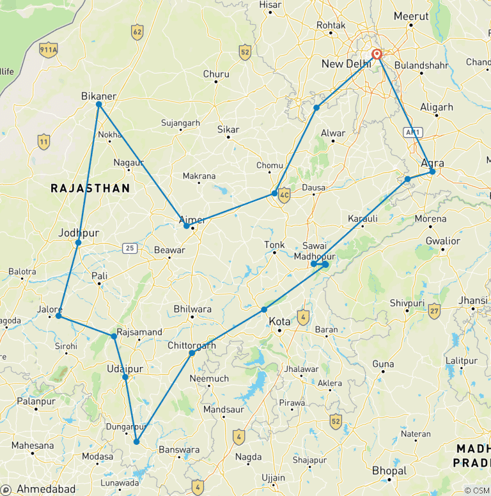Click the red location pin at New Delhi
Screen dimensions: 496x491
coord(377,54)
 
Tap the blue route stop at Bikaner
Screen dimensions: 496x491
coord(99,104)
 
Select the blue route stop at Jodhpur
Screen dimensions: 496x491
coord(78,243)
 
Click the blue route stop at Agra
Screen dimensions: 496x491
coord(432,171)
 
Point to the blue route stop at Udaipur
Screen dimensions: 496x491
coord(125,377)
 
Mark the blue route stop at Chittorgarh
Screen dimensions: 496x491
coord(192,353)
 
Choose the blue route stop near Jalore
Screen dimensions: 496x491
coord(58,316)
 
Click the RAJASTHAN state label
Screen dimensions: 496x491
coord(90,189)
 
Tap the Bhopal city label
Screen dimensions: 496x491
coord(389,471)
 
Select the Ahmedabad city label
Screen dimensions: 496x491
coord(46,489)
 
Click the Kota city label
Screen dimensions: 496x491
coord(279,322)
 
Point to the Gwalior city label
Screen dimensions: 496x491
coord(442,241)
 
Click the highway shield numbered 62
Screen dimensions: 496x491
coord(137,32)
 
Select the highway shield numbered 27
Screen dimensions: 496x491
coord(434,311)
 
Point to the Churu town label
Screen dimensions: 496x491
coord(216,74)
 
